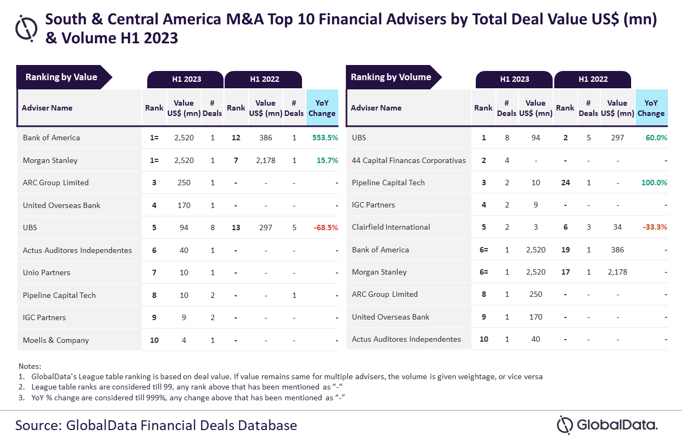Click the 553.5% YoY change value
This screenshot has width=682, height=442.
[325, 138]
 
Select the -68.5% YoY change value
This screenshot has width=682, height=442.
[326, 227]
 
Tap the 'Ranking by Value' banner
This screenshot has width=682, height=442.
[62, 77]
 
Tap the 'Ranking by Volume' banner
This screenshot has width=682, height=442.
[391, 77]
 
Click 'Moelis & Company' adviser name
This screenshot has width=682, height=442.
[56, 340]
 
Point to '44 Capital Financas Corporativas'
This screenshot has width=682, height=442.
[409, 160]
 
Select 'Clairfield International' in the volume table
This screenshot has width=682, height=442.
[391, 227]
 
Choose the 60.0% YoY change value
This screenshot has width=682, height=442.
[656, 138]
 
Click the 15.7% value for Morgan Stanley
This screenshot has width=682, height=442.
[327, 160]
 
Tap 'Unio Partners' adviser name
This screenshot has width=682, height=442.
[47, 272]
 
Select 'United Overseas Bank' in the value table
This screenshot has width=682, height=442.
[62, 205]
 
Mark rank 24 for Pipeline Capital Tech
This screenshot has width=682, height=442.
[565, 183]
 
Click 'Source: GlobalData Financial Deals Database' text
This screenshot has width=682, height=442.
[156, 425]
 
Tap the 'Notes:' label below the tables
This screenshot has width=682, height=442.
[30, 366]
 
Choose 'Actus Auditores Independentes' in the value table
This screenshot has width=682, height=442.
[77, 250]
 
